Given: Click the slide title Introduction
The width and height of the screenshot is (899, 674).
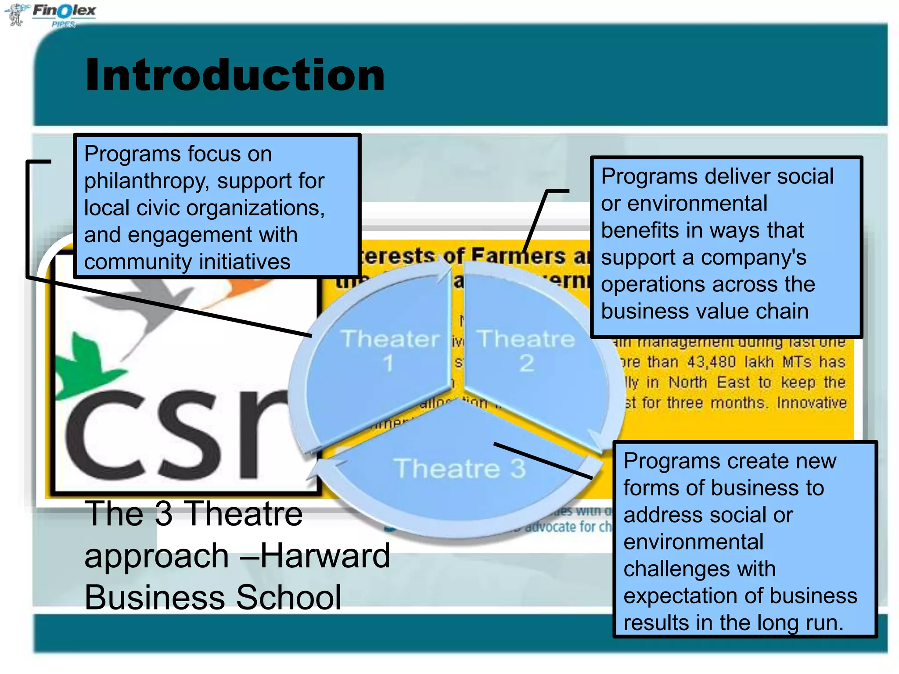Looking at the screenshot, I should tap(235, 75).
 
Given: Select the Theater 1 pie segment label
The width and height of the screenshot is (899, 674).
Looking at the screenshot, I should tap(390, 350).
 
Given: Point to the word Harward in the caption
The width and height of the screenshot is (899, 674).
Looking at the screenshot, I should tap(325, 556).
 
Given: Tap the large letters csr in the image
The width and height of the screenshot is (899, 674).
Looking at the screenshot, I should tap(176, 434).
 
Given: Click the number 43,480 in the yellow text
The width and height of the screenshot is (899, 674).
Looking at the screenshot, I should tap(711, 362).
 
